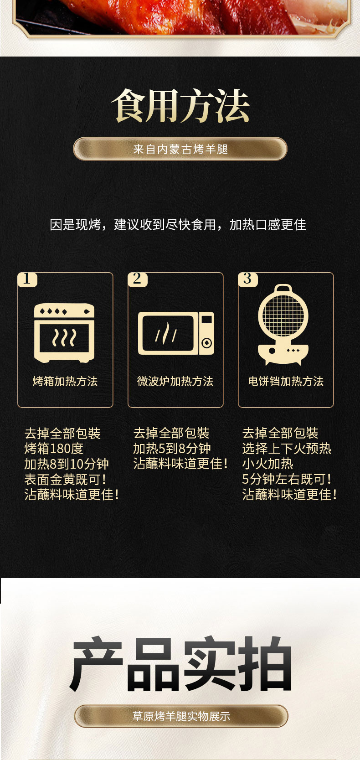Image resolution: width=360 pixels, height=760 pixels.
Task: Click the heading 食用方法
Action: click(180, 105)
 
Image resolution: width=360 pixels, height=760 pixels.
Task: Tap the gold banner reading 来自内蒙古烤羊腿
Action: click(180, 149)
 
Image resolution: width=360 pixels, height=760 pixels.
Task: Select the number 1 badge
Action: click(27, 279)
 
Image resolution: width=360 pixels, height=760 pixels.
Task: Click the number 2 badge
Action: click(137, 279)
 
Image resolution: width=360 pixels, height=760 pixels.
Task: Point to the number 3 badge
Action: click(248, 279)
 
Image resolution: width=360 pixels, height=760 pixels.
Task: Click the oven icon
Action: click(64, 333)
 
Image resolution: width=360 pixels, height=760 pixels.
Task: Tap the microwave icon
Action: click(176, 333)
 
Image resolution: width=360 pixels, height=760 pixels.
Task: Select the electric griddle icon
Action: click(283, 325)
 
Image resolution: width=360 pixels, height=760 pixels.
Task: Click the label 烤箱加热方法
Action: click(65, 381)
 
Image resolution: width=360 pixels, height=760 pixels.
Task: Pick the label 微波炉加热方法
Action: click(175, 381)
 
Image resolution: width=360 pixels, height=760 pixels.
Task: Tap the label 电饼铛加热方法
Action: click(286, 381)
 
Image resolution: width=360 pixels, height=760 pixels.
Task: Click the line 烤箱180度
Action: click(54, 449)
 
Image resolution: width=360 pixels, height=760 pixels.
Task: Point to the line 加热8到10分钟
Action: click(67, 464)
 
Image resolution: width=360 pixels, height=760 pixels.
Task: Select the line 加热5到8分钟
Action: click(172, 449)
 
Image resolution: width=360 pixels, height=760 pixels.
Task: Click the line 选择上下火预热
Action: click(287, 449)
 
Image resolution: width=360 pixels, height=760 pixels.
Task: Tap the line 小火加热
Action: click(268, 464)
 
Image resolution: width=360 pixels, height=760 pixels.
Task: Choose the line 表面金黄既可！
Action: click(66, 480)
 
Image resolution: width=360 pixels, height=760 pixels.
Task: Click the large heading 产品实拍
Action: click(180, 664)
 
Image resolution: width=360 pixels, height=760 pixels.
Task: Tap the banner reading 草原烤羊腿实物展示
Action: click(181, 716)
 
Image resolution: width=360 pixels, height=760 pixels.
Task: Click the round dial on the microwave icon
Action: click(207, 343)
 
